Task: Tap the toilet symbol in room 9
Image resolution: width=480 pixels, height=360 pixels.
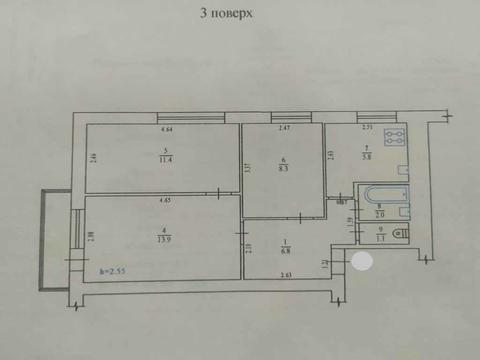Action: [x=400, y=235]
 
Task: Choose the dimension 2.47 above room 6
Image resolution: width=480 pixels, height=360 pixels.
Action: [x=283, y=129]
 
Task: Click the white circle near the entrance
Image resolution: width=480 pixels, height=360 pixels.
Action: [x=362, y=262]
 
